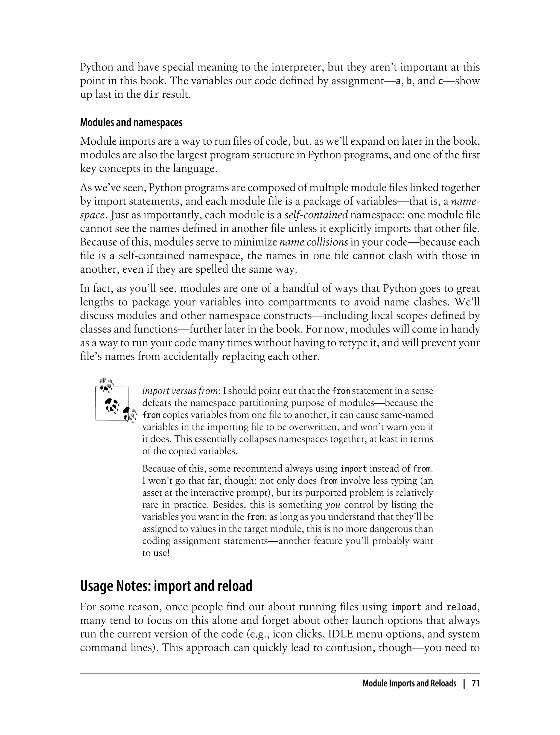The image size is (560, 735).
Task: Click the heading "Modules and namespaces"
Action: tap(131, 123)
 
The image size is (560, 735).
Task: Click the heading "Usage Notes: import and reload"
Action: tap(166, 586)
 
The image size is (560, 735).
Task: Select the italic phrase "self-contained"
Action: tap(316, 215)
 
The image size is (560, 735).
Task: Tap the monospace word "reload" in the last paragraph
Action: tap(461, 607)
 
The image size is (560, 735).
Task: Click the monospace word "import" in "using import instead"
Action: tap(353, 469)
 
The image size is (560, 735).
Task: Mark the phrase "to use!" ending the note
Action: tap(156, 553)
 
